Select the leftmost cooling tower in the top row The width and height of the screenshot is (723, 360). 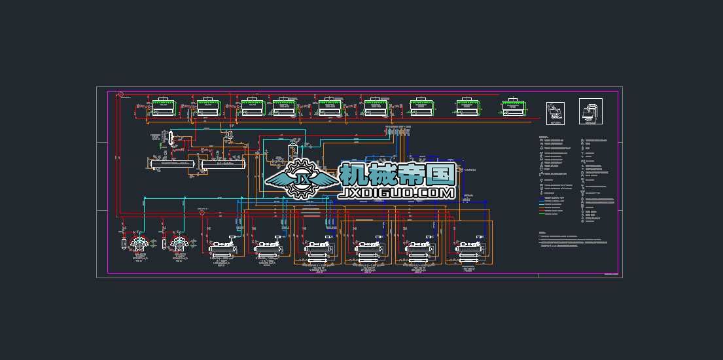(x=162, y=107)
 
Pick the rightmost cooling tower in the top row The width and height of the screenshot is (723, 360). (x=514, y=107)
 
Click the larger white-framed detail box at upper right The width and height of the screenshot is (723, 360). (x=590, y=111)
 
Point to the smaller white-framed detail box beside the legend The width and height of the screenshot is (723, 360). (x=555, y=113)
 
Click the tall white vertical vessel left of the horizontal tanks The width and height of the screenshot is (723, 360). (x=170, y=139)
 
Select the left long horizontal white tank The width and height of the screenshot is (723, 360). (x=173, y=165)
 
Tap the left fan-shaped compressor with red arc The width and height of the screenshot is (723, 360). (x=139, y=243)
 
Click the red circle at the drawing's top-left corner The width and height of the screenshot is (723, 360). (x=121, y=94)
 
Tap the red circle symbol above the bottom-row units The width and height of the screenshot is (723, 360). (x=202, y=212)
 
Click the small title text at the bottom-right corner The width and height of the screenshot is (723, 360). (x=610, y=274)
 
